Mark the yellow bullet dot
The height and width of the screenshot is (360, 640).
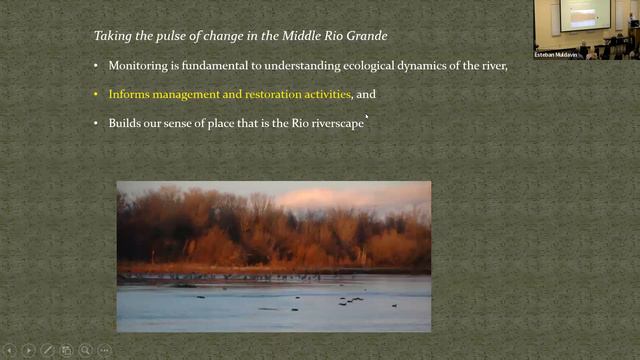click(96, 94)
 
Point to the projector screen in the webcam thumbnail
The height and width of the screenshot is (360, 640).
click(586, 14)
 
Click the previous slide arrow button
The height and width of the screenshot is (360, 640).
click(9, 350)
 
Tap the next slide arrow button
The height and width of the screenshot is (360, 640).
click(28, 350)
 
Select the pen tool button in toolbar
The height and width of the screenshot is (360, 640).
click(47, 350)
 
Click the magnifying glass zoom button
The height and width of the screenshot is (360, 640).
click(86, 350)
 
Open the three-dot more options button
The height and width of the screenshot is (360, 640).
click(105, 350)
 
